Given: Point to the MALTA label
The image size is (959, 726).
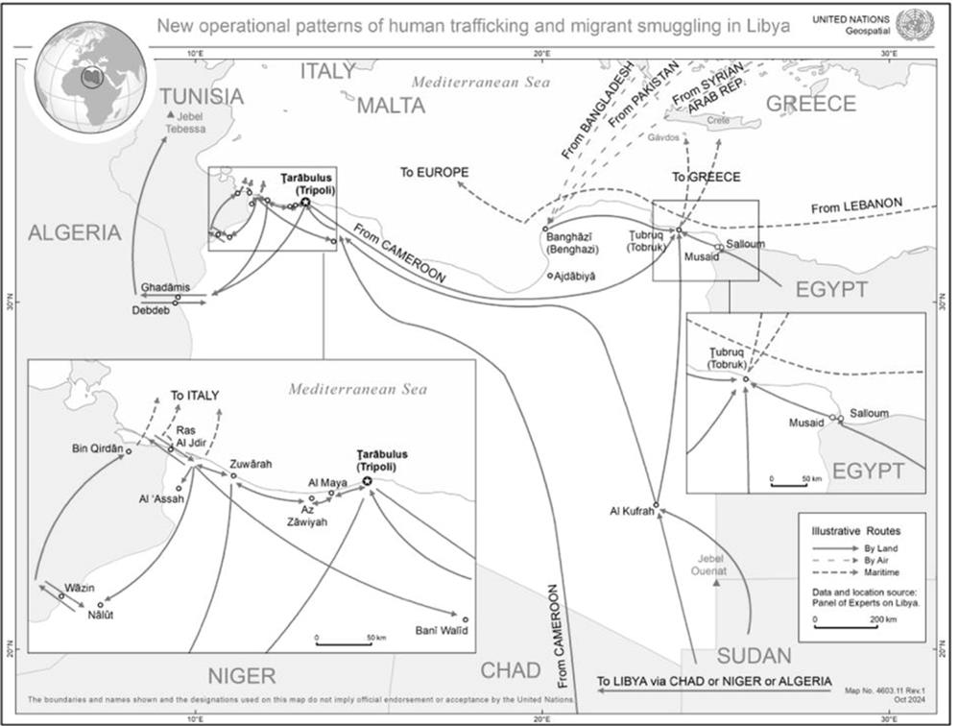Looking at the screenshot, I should pos(391,106).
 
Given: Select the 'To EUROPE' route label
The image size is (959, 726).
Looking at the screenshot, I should pos(434,173).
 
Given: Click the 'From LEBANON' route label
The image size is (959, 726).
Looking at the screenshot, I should pos(856,206).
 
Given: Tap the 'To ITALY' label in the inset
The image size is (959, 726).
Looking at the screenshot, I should pos(195,395).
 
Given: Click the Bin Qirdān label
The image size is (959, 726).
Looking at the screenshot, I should pos(98,448).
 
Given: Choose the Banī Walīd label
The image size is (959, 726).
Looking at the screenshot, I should pos(439,630).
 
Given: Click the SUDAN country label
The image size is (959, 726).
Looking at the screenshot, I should pos(754,656).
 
